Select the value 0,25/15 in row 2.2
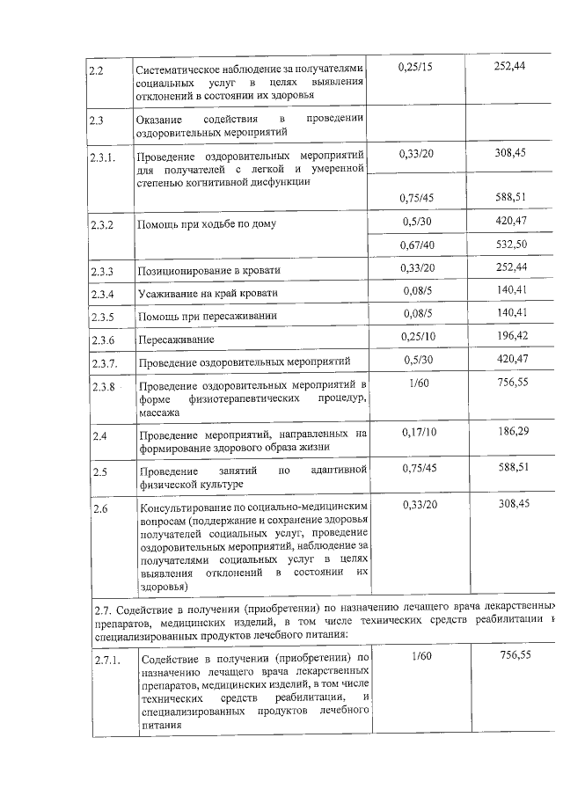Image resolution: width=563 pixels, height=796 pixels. click(415, 67)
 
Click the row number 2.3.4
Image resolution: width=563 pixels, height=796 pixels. click(103, 293)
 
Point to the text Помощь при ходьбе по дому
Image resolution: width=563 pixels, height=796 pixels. click(206, 223)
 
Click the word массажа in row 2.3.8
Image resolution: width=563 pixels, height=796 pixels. click(159, 412)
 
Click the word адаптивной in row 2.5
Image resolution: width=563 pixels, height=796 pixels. click(339, 471)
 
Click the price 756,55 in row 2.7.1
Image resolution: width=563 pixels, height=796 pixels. click(515, 655)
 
